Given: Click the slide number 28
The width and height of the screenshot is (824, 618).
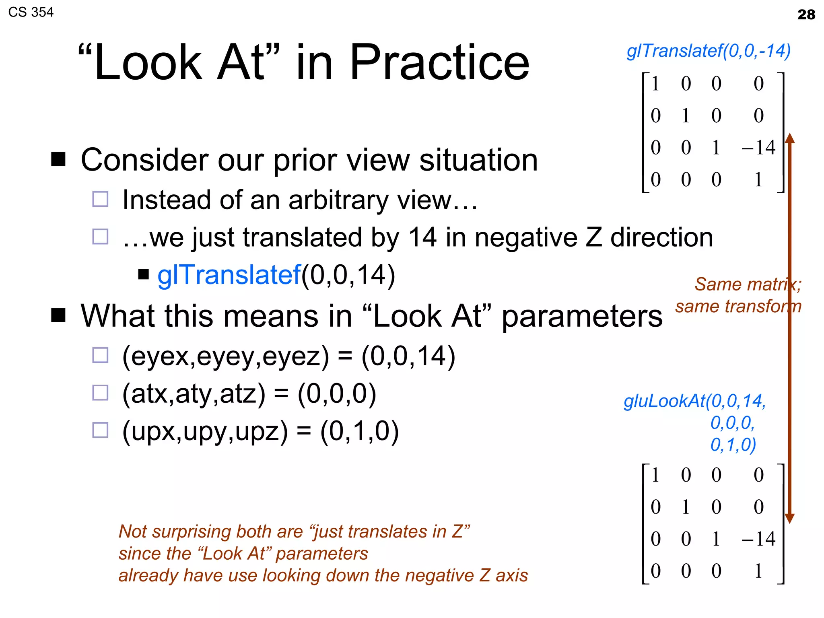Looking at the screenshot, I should pos(806,14).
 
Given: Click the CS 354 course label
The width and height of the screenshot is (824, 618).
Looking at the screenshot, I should pos(31,12).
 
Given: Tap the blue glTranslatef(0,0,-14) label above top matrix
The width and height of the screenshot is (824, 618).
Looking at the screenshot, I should pos(709,51).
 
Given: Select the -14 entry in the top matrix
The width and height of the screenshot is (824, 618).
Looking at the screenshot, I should pos(758,147).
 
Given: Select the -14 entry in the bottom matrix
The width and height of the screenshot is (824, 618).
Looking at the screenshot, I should pos(758,539).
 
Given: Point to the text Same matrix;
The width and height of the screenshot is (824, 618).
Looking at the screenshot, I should pos(748,284).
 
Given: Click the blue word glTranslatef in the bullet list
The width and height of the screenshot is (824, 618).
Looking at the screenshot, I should pos(229,275).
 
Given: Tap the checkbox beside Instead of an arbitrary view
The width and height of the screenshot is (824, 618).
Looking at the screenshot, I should pos(100,199).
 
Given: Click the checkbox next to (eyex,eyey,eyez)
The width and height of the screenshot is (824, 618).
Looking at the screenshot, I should pos(100,355).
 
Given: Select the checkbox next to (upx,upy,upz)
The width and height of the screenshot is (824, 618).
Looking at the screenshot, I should pos(100,430).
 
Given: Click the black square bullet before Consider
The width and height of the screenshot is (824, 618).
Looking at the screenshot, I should pos(58,159).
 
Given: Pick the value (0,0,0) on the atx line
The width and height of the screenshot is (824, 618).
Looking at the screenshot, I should pos(337,393).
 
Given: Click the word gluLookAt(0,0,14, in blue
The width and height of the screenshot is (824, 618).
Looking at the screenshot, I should pos(695,401).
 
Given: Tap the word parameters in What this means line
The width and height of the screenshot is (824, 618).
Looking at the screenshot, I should pos(582,316).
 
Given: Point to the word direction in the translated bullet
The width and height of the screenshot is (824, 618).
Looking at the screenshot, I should pos(661,237).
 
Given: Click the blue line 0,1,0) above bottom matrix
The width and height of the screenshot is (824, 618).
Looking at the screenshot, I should pos(733,445).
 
